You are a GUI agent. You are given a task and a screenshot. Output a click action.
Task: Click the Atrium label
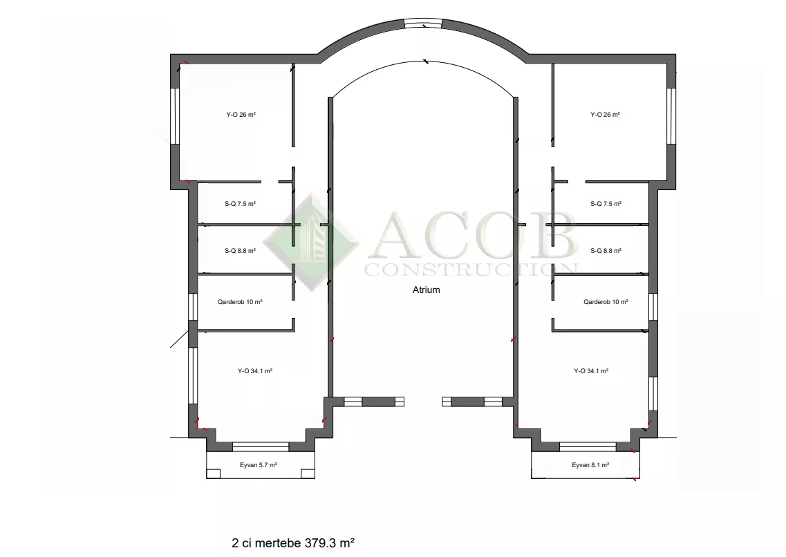point(426,290)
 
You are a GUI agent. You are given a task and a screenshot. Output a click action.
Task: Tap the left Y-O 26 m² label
point(241,114)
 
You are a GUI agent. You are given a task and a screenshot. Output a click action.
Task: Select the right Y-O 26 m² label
point(605,114)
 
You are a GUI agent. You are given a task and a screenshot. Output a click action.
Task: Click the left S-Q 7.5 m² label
point(240,204)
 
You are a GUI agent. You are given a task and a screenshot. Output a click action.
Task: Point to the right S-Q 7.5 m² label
point(606,204)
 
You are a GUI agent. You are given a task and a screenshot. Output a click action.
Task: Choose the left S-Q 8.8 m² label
point(240,250)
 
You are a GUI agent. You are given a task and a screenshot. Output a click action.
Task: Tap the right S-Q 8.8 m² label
point(606,250)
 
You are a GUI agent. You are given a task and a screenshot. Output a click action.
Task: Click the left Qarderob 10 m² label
point(240,302)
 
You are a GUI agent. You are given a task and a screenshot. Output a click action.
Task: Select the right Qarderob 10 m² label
point(606,302)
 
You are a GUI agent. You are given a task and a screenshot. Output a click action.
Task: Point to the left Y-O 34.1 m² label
point(254,371)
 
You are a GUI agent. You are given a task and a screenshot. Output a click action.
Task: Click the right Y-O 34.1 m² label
point(591,371)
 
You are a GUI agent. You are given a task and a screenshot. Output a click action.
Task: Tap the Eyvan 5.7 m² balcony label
point(258,465)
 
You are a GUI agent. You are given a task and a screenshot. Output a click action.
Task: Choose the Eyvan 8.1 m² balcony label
point(590,465)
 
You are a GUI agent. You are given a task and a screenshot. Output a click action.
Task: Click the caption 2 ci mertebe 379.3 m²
point(293,543)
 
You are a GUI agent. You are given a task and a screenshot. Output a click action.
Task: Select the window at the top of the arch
point(423,23)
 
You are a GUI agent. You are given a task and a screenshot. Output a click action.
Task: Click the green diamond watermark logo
point(311,243)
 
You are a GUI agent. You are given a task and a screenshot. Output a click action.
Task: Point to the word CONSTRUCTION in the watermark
point(471,270)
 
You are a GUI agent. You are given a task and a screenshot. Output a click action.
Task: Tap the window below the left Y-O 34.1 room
point(261,446)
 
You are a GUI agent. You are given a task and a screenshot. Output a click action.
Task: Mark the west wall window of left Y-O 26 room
point(175,116)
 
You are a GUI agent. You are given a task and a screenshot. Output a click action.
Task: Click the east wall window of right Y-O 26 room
point(671,116)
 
